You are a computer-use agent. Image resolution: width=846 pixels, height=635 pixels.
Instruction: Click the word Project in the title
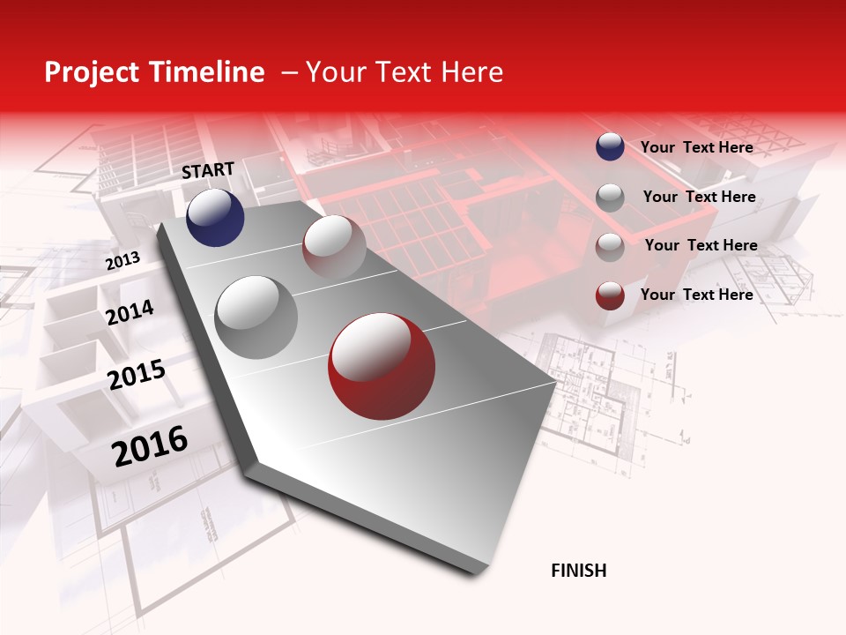point(93,72)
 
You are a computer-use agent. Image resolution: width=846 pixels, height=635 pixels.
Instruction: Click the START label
point(208,170)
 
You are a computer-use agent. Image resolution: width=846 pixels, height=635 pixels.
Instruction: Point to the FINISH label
point(578,571)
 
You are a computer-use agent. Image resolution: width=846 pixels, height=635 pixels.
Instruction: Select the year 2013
point(122,261)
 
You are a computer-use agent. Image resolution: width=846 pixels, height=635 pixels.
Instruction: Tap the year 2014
point(130,312)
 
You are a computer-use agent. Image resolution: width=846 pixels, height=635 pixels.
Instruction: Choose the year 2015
point(136,375)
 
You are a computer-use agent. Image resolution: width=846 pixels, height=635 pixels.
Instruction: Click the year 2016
point(150,446)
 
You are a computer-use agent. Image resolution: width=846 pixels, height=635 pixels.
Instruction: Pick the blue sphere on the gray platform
point(215,217)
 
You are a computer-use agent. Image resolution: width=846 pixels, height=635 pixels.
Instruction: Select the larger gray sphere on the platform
point(256,317)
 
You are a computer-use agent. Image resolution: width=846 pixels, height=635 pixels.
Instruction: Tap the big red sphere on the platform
point(382,366)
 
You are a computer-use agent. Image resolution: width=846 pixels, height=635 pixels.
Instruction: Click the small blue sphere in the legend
point(610,147)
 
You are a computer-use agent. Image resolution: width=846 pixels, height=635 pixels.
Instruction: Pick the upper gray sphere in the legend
point(610,198)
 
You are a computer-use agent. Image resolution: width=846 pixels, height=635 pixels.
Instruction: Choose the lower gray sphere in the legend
point(610,247)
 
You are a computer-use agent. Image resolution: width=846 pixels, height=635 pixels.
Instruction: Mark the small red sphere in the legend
point(610,295)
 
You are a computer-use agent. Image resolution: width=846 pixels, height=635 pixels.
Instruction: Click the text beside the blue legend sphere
point(696,147)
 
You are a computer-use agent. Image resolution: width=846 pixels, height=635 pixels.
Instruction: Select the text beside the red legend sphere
point(696,295)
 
